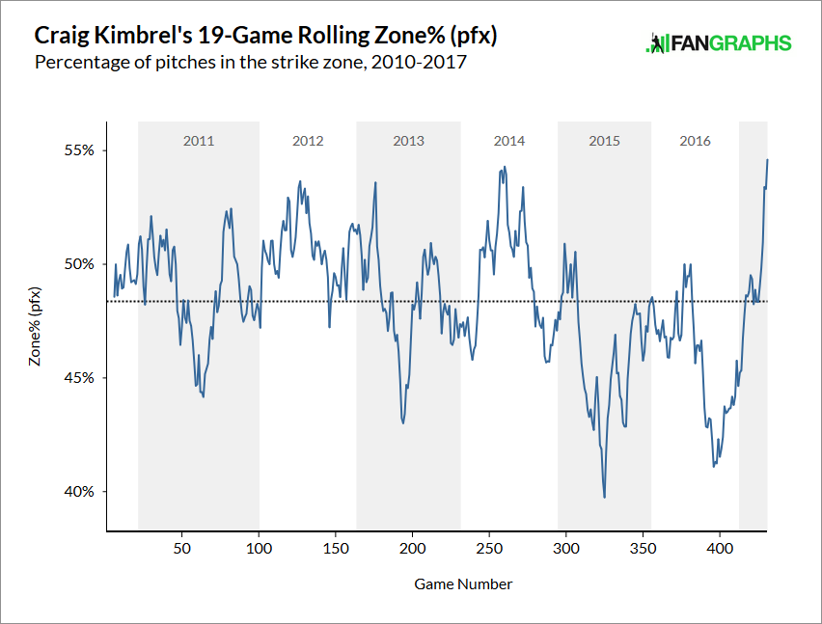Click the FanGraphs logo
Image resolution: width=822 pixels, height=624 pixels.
coord(718,43)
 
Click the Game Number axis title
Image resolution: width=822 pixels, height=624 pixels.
coord(463,584)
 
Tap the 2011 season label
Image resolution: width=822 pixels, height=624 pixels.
coord(199,141)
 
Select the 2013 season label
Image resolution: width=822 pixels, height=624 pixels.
coord(408,141)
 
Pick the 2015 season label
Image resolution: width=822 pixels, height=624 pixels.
coord(604,141)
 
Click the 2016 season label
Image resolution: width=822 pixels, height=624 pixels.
coord(695,141)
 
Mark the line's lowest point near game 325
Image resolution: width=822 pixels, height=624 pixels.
coord(604,498)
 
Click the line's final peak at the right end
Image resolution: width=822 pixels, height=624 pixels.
coord(767,160)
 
